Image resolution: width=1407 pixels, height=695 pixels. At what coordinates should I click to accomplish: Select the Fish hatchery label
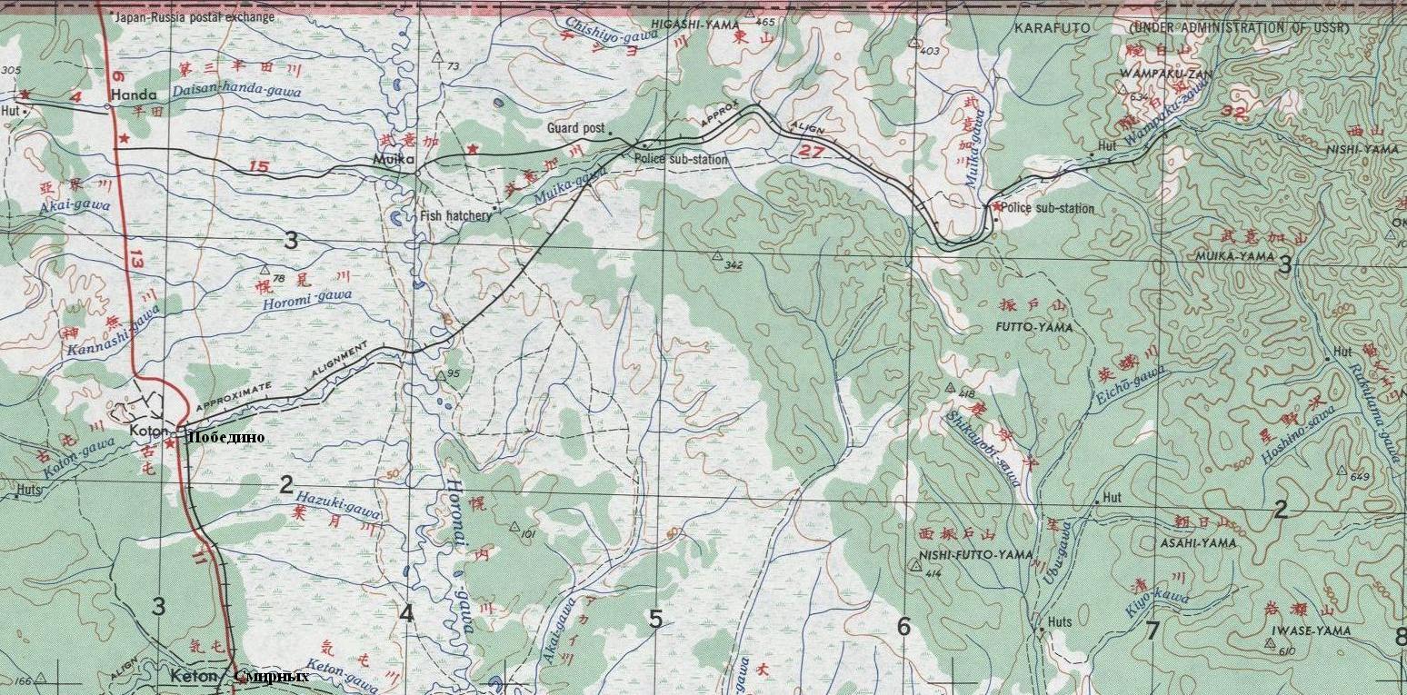455,216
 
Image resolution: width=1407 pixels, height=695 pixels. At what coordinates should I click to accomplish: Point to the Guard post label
575,129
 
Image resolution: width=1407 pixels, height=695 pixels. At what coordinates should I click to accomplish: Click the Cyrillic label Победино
225,437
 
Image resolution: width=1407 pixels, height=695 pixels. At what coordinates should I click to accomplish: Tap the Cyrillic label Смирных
271,676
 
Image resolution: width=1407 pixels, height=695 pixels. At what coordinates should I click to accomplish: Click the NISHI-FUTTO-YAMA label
963,554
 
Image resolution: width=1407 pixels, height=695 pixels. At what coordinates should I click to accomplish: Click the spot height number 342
734,265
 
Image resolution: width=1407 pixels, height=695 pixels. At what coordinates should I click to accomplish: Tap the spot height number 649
1360,478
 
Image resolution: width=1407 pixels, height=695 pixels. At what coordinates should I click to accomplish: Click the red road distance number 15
259,166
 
